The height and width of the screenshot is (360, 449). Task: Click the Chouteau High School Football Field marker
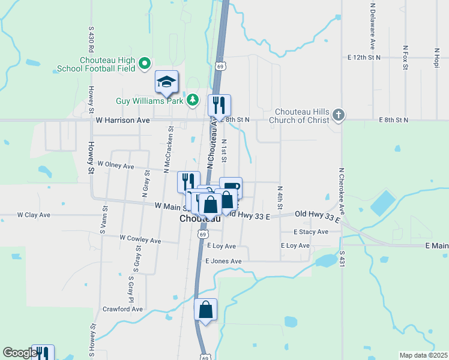pos(145,62)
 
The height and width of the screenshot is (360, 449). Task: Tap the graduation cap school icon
pos(167,82)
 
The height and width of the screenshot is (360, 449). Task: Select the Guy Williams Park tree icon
pos(193,100)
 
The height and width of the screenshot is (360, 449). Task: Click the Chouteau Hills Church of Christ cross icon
pos(339,115)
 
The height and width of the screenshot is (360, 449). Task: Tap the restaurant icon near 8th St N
pos(219,106)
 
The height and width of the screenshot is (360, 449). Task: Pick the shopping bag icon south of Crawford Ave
pos(205,310)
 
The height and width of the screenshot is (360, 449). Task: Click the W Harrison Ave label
pos(123,120)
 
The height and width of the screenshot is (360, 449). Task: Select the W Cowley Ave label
pos(140,240)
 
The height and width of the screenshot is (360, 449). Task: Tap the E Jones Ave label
pos(223,261)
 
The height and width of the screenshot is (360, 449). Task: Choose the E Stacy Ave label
pos(311,232)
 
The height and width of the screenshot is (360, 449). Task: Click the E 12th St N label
pos(364,58)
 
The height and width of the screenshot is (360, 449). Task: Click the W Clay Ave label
pos(34,214)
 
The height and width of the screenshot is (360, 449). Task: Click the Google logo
pos(19,353)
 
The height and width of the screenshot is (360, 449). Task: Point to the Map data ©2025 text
pos(423,355)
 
